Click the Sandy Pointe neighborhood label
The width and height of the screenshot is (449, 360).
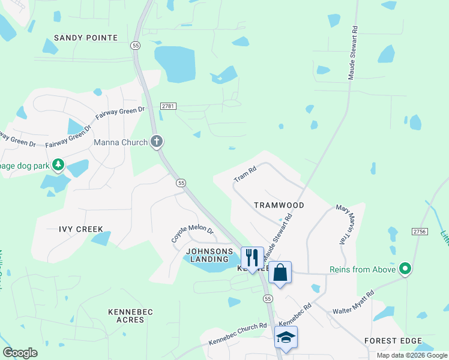pyautogui.click(x=86, y=38)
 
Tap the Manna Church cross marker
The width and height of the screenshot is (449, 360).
pyautogui.click(x=156, y=142)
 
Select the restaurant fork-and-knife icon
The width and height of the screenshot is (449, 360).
pyautogui.click(x=252, y=257)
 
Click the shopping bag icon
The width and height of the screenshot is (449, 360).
pyautogui.click(x=280, y=272)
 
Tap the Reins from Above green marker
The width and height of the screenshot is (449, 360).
pyautogui.click(x=405, y=269)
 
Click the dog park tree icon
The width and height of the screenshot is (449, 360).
pyautogui.click(x=58, y=164)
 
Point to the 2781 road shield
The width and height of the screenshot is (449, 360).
pyautogui.click(x=169, y=106)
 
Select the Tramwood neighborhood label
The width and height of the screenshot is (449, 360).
pyautogui.click(x=279, y=205)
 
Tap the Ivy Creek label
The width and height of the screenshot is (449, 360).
pyautogui.click(x=81, y=229)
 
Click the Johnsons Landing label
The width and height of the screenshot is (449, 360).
pyautogui.click(x=209, y=255)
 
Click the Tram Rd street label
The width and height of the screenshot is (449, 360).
pyautogui.click(x=245, y=175)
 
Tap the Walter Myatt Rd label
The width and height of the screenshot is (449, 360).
pyautogui.click(x=354, y=303)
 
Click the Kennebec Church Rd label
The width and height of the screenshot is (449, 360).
pyautogui.click(x=238, y=334)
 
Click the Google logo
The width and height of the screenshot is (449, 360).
pyautogui.click(x=20, y=353)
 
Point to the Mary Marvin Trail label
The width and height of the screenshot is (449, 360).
pyautogui.click(x=343, y=224)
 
